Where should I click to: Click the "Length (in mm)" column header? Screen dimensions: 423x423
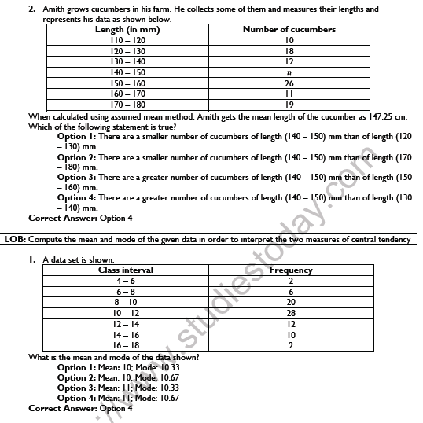127,29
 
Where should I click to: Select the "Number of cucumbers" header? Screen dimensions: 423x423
289,29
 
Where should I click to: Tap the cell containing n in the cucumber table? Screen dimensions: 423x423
289,71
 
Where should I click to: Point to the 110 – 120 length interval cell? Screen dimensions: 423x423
127,39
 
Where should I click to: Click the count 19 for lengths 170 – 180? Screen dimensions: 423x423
289,103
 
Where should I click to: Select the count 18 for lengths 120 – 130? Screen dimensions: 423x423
289,50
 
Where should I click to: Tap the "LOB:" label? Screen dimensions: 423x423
16,239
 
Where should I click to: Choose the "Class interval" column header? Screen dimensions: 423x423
126,270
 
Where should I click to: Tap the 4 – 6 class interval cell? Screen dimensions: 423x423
126,280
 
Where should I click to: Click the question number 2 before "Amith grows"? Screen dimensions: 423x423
31,9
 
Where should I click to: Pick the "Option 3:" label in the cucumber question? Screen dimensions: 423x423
77,177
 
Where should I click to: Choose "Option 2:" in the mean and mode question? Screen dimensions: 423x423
77,377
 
